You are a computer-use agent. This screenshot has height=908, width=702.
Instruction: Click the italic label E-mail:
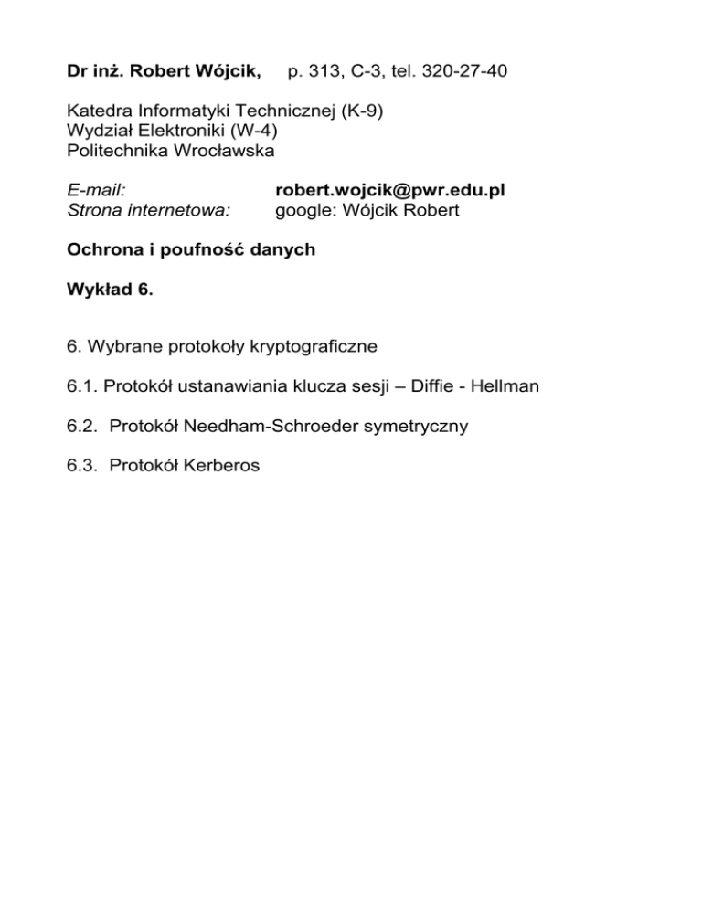coord(97,191)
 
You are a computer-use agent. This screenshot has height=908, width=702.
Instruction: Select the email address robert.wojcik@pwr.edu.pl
coord(390,191)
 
